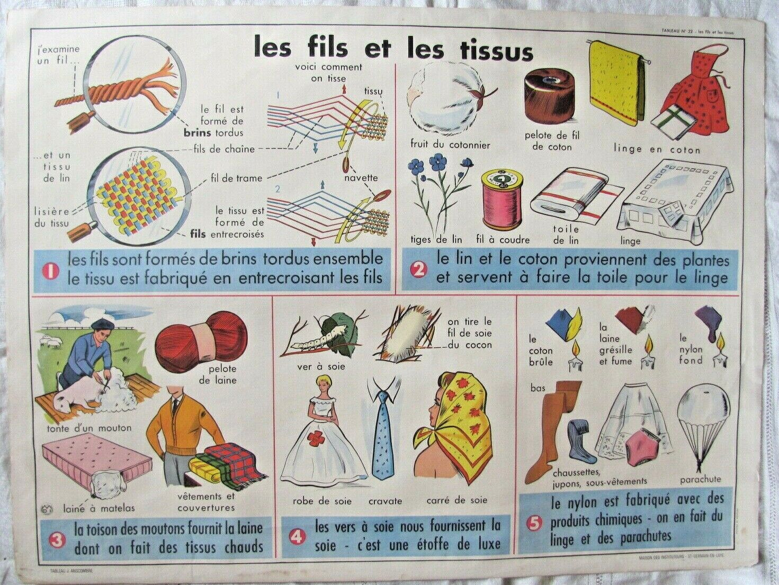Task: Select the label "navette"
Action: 361,178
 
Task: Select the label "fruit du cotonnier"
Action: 450,145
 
